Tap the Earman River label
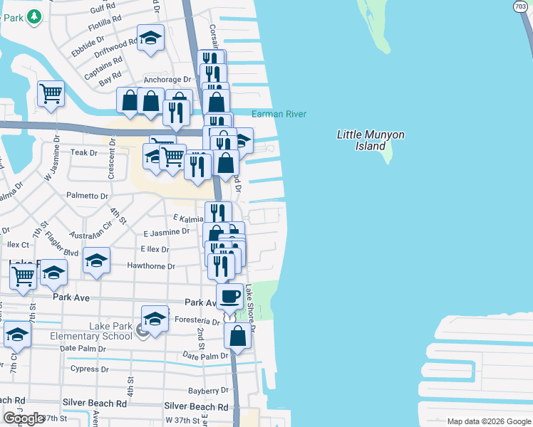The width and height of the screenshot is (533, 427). pyautogui.click(x=278, y=114)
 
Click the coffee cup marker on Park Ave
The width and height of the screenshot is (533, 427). pyautogui.click(x=229, y=295)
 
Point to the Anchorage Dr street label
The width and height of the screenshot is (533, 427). pyautogui.click(x=167, y=80)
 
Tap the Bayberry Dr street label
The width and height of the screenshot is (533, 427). pyautogui.click(x=208, y=391)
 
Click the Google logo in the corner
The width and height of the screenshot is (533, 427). pyautogui.click(x=23, y=418)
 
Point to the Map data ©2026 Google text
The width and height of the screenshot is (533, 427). pyautogui.click(x=488, y=421)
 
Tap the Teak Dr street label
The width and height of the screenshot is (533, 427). pyautogui.click(x=83, y=152)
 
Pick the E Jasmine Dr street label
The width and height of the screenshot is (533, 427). pyautogui.click(x=166, y=232)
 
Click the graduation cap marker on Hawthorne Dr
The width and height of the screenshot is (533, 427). pyautogui.click(x=96, y=260)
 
